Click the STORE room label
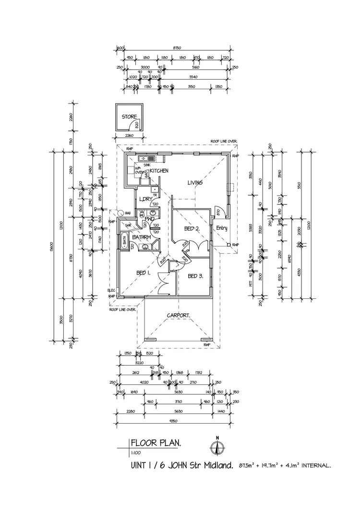129,117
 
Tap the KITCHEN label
158,171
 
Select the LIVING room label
195,183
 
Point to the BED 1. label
144,272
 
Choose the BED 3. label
195,276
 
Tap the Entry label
221,228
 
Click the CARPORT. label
179,316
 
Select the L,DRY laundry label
145,199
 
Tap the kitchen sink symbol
144,158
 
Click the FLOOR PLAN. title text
156,443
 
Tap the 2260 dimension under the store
129,135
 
